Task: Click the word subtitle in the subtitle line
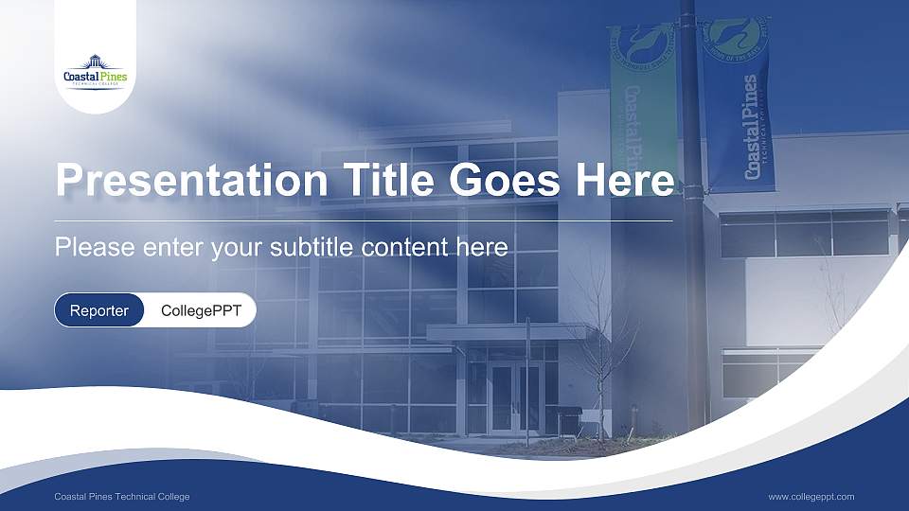[x=313, y=248]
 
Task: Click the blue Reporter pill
[x=99, y=310]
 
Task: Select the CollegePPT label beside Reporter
[x=201, y=310]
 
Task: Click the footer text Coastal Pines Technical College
[x=122, y=497]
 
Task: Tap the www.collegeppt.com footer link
[x=811, y=497]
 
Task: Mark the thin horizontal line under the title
[x=364, y=220]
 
